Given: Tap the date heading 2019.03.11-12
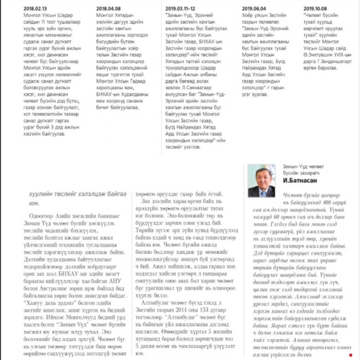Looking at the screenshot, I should point(181,8).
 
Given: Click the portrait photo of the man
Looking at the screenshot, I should point(261,181).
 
